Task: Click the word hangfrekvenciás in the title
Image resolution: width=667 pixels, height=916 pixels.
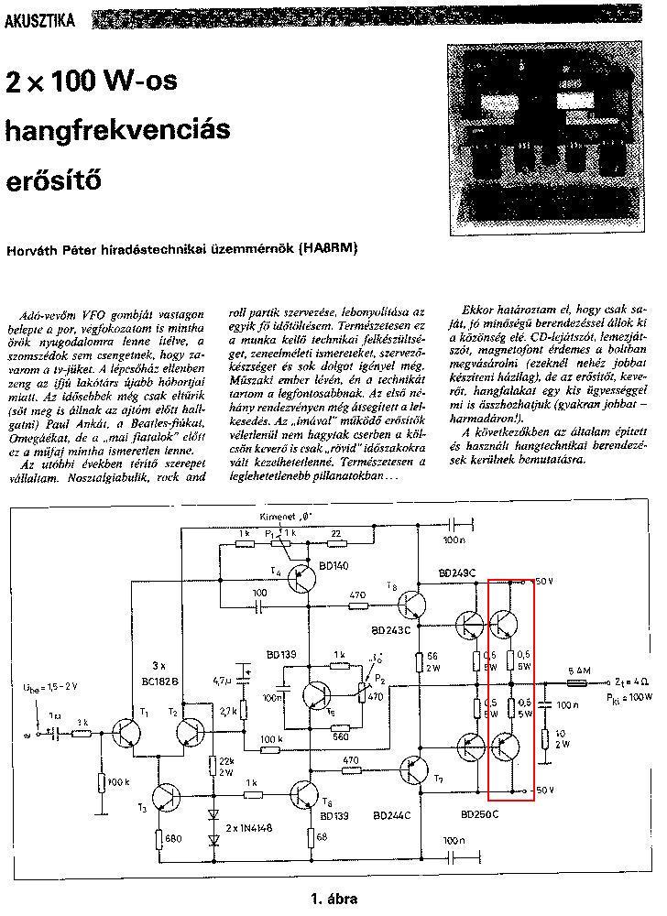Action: click(115, 131)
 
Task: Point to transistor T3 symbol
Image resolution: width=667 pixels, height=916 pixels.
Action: click(168, 796)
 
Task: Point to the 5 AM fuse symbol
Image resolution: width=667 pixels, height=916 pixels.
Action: click(578, 682)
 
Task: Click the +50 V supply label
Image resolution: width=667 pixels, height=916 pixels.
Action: click(544, 582)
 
